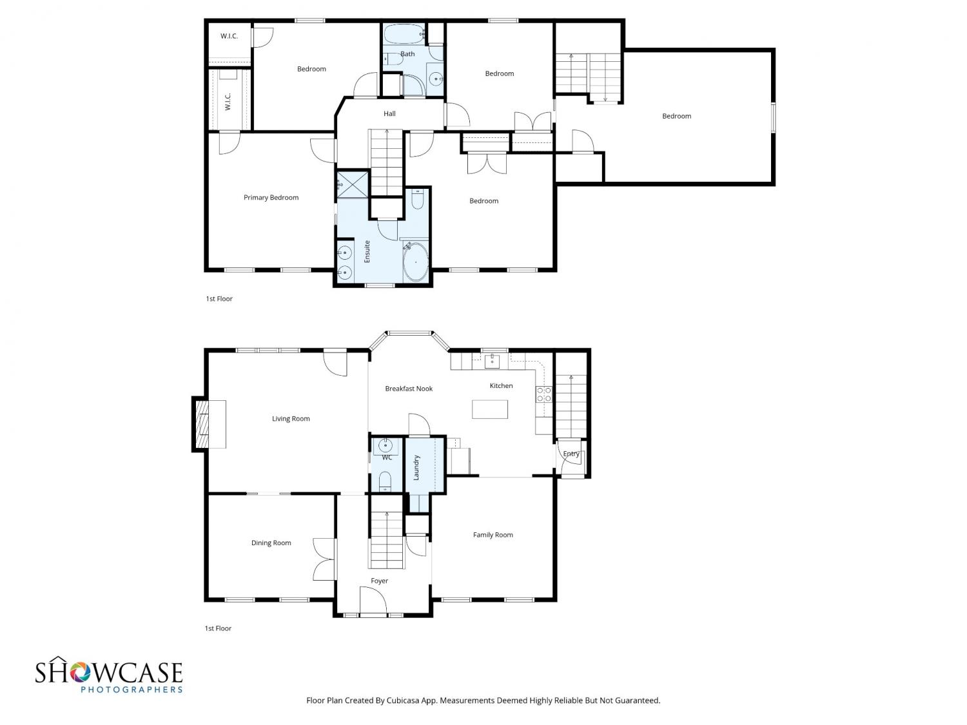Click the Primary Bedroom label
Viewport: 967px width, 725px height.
click(271, 198)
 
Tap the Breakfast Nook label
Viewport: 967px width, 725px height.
click(409, 389)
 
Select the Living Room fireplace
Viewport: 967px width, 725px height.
click(210, 424)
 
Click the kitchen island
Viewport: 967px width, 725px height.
click(490, 409)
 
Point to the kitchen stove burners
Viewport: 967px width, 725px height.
click(544, 394)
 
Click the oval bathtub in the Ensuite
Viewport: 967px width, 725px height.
click(415, 262)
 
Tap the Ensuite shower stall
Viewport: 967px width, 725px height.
click(353, 185)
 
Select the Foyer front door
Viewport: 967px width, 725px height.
click(373, 601)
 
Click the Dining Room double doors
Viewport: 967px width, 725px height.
click(325, 559)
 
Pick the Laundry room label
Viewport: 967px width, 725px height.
click(416, 467)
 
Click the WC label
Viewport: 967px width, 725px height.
click(387, 458)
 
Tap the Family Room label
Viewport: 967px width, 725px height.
click(493, 535)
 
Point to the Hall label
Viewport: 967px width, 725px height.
click(389, 113)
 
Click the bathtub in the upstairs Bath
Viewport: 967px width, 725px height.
click(404, 34)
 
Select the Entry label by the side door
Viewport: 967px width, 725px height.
click(571, 454)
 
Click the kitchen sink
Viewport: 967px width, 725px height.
click(492, 361)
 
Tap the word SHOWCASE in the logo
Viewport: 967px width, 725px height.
click(108, 672)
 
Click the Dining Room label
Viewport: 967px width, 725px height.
click(271, 543)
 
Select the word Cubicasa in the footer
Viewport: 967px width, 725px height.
click(403, 701)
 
